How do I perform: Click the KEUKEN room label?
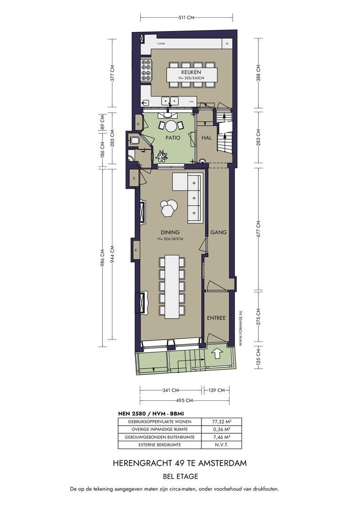pyautogui.click(x=191, y=72)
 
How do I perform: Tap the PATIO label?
pyautogui.click(x=173, y=138)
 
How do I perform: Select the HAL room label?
pyautogui.click(x=207, y=138)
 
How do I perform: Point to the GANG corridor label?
pyautogui.click(x=218, y=232)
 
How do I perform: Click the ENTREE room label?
pyautogui.click(x=216, y=318)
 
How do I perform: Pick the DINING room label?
pyautogui.click(x=170, y=232)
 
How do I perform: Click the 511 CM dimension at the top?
pyautogui.click(x=186, y=17)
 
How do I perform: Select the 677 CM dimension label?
pyautogui.click(x=258, y=229)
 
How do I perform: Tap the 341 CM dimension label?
pyautogui.click(x=170, y=390)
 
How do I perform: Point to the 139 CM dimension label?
pyautogui.click(x=216, y=390)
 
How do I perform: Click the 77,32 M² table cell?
pyautogui.click(x=221, y=422)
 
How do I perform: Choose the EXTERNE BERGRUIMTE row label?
pyautogui.click(x=160, y=445)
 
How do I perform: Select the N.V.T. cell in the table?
pyautogui.click(x=222, y=445)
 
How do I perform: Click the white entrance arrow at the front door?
pyautogui.click(x=217, y=353)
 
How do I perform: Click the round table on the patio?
pyautogui.click(x=171, y=126)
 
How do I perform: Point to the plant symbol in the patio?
pyautogui.click(x=162, y=157)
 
